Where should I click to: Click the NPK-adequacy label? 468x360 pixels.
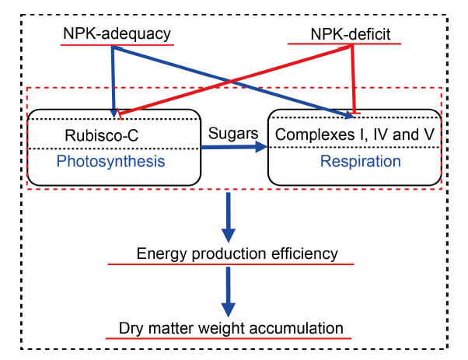pyautogui.click(x=117, y=33)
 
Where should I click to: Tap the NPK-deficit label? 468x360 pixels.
pyautogui.click(x=351, y=34)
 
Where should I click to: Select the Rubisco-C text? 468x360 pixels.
pyautogui.click(x=102, y=135)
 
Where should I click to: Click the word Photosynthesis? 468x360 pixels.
pyautogui.click(x=110, y=161)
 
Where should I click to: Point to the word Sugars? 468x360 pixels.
pyautogui.click(x=233, y=133)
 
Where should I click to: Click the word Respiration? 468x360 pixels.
pyautogui.click(x=360, y=161)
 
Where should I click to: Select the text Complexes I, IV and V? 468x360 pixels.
pyautogui.click(x=354, y=135)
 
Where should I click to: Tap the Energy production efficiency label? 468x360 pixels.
pyautogui.click(x=237, y=253)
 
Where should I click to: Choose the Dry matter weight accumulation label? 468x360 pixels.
pyautogui.click(x=231, y=328)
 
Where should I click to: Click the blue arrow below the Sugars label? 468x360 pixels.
pyautogui.click(x=234, y=147)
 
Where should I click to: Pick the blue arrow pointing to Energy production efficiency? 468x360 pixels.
pyautogui.click(x=229, y=217)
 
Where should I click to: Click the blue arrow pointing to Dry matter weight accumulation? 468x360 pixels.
pyautogui.click(x=229, y=292)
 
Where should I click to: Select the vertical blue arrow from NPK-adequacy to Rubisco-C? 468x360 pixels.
pyautogui.click(x=114, y=82)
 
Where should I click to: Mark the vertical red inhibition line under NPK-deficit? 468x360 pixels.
pyautogui.click(x=354, y=79)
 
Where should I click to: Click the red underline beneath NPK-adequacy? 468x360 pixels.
pyautogui.click(x=117, y=45)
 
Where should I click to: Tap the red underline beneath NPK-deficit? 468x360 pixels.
pyautogui.click(x=344, y=44)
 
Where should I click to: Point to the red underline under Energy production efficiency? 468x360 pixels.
pyautogui.click(x=231, y=264)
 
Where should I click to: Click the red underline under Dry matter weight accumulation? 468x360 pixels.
pyautogui.click(x=229, y=338)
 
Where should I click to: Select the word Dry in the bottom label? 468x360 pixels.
pyautogui.click(x=130, y=328)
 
